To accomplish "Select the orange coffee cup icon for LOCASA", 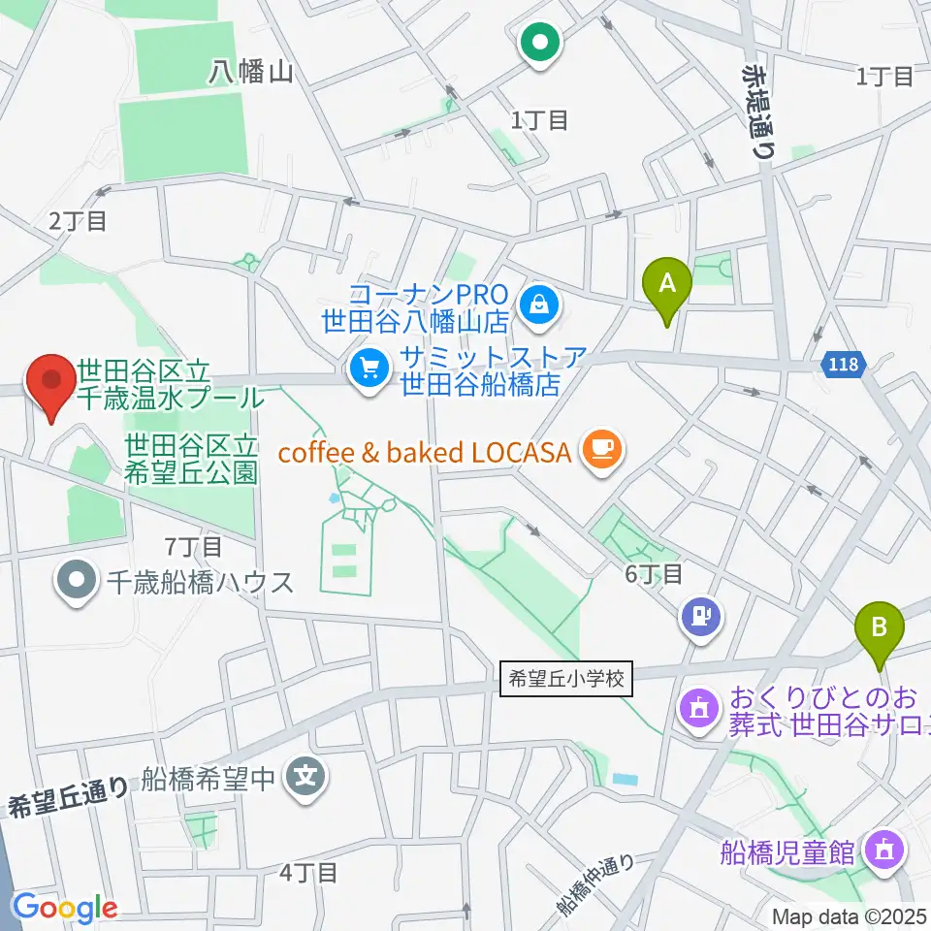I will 601,448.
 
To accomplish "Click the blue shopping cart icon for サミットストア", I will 369,368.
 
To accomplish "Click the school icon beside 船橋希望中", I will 307,777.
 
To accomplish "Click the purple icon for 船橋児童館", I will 884,851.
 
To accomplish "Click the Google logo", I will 64,908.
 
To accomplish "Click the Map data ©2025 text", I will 849,915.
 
